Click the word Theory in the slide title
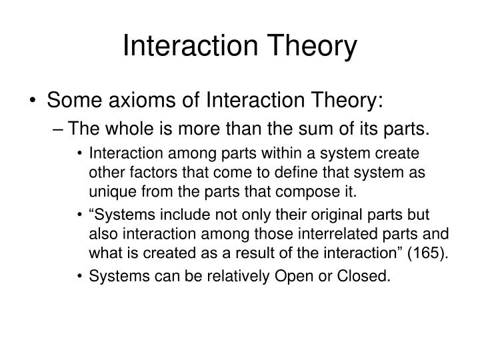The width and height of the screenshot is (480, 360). coord(315,46)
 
